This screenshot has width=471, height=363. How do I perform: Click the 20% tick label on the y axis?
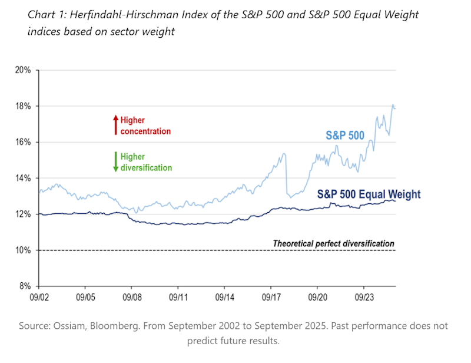(23, 70)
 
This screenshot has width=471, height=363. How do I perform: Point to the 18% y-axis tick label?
(23, 106)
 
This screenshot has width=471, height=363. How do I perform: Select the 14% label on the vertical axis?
(23, 178)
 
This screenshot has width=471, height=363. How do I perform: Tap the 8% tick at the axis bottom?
(25, 286)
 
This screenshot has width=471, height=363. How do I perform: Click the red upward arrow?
(115, 125)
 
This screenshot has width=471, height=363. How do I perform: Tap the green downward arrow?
(115, 161)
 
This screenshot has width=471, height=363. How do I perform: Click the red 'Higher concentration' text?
(145, 126)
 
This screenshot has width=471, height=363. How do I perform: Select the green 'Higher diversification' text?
(146, 162)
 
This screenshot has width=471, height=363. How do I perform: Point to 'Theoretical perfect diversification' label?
(333, 243)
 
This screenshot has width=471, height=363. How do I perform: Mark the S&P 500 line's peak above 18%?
(393, 105)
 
